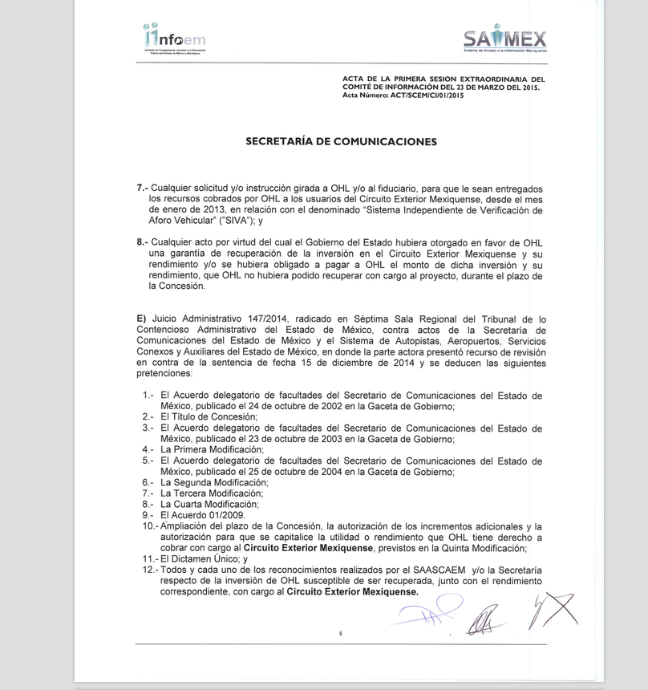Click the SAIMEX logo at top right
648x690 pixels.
pos(504,39)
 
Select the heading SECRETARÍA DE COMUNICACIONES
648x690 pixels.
pos(341,142)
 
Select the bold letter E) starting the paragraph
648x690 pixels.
pos(142,318)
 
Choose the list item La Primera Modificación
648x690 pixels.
pos(212,450)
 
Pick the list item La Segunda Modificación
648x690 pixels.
pos(214,482)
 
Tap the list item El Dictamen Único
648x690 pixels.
pos(205,558)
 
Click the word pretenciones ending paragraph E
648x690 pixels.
pos(164,374)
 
